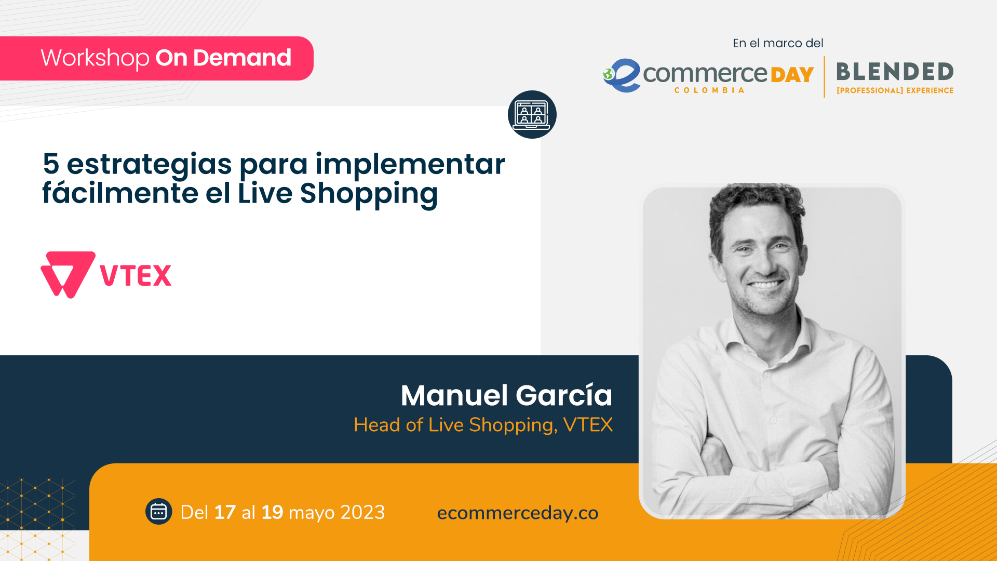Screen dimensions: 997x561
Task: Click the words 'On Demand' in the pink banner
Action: [223, 58]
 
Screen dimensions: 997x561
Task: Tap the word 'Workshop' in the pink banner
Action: [95, 58]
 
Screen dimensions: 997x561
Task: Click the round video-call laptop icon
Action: [532, 114]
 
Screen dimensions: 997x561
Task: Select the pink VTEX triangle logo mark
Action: [68, 274]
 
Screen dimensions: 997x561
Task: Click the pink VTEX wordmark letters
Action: [136, 275]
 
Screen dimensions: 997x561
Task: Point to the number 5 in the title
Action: [51, 164]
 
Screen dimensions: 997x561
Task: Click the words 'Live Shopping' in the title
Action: [338, 194]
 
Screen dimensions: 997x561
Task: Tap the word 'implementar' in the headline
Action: [410, 164]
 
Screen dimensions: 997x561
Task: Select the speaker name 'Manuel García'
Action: [506, 395]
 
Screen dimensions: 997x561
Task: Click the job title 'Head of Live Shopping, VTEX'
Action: [483, 425]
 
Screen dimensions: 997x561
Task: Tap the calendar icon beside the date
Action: [158, 512]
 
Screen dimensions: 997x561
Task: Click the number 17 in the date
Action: [224, 513]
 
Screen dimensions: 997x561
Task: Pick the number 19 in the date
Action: [272, 513]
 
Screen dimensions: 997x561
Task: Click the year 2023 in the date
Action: [362, 513]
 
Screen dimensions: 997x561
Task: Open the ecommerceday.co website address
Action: [518, 513]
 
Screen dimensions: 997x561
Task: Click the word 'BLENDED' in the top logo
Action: [895, 72]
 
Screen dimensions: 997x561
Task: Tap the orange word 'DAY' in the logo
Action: [792, 75]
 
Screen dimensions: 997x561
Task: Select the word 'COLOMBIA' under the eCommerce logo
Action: [709, 90]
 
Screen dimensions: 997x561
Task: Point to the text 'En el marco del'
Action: [778, 43]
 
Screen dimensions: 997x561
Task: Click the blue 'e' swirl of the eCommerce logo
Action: [623, 76]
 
